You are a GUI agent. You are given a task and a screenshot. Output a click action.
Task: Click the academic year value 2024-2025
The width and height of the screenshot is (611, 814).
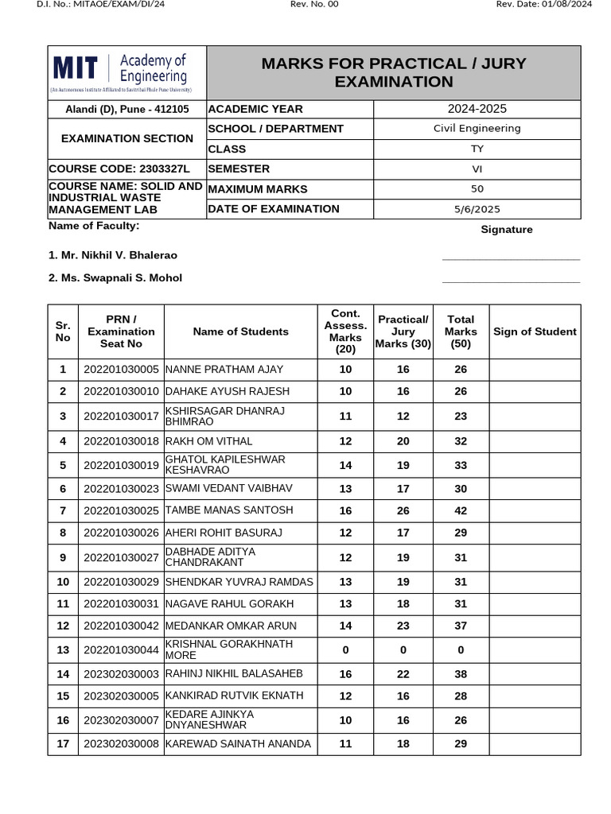tap(477, 109)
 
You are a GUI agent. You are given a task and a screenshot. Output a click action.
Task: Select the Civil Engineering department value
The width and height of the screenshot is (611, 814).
tap(477, 128)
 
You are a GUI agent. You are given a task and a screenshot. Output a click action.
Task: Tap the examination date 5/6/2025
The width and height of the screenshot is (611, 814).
tap(477, 209)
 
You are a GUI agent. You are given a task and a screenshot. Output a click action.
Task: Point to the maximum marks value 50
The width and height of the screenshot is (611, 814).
tap(477, 189)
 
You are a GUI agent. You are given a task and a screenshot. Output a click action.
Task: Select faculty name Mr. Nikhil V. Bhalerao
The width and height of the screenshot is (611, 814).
tap(113, 255)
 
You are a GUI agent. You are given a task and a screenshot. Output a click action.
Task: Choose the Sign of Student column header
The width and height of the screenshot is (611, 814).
tap(535, 331)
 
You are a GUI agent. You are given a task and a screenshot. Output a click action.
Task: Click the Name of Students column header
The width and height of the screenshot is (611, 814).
tap(240, 331)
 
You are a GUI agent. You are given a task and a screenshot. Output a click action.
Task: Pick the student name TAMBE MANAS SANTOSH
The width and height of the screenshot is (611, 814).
tap(229, 510)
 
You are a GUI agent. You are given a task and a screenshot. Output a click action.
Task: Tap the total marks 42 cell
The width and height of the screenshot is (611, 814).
tap(461, 511)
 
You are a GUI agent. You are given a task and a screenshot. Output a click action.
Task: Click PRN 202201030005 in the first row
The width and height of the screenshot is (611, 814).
tap(121, 370)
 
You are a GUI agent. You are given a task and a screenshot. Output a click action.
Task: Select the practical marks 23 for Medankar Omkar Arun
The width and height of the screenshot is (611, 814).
tap(403, 626)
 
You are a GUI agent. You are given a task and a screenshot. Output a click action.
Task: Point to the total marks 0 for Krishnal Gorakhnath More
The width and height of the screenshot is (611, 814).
tap(461, 650)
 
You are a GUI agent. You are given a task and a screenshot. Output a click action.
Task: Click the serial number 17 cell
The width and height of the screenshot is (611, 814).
tap(63, 744)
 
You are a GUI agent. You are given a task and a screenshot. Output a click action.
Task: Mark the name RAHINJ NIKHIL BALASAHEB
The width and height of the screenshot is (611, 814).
tap(234, 673)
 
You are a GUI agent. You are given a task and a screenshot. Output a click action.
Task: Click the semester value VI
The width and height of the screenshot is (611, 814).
tap(477, 169)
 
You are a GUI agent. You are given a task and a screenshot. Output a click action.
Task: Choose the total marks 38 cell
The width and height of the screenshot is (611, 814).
tap(461, 674)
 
